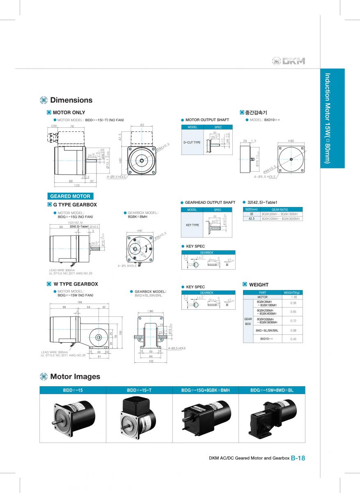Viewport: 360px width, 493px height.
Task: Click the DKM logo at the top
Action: click(x=289, y=61)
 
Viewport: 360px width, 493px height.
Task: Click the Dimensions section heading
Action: click(x=71, y=100)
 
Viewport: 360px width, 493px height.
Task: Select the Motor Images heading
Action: click(x=75, y=376)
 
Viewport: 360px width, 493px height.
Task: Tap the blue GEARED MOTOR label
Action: click(x=70, y=196)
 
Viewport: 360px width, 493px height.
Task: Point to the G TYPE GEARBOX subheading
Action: click(x=75, y=205)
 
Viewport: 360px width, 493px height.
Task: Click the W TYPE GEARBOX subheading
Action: click(x=76, y=284)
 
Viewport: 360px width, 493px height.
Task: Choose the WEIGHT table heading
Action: click(x=259, y=284)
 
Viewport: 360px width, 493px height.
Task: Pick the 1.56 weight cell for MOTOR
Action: click(x=294, y=297)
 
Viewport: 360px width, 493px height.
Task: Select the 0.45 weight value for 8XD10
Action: click(x=294, y=339)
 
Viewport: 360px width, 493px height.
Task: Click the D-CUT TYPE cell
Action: click(x=192, y=142)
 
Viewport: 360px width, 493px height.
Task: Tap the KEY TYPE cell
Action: click(x=193, y=225)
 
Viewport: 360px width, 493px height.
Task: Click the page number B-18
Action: click(x=298, y=458)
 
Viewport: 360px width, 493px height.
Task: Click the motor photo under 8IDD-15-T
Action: click(x=139, y=418)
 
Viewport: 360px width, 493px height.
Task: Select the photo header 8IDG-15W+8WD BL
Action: click(x=272, y=390)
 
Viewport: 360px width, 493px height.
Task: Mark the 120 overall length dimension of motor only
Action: click(x=72, y=185)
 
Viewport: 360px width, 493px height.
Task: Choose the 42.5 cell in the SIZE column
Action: click(x=251, y=219)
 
